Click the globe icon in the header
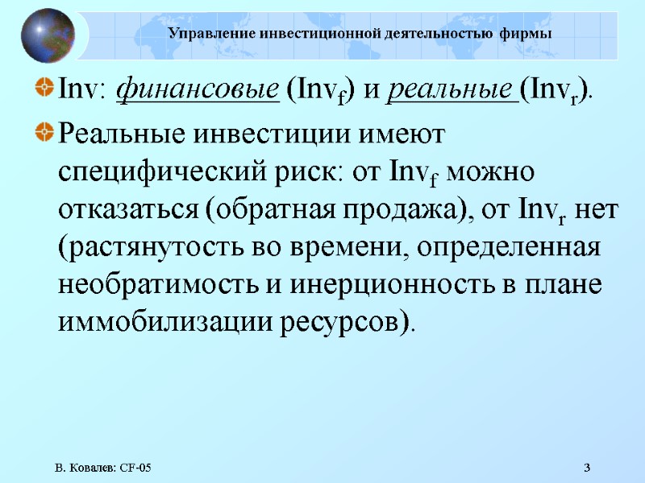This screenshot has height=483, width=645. [x=48, y=35]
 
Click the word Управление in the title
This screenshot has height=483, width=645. [x=206, y=34]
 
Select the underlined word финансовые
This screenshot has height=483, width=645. [x=198, y=91]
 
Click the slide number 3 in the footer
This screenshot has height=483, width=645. [x=587, y=468]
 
